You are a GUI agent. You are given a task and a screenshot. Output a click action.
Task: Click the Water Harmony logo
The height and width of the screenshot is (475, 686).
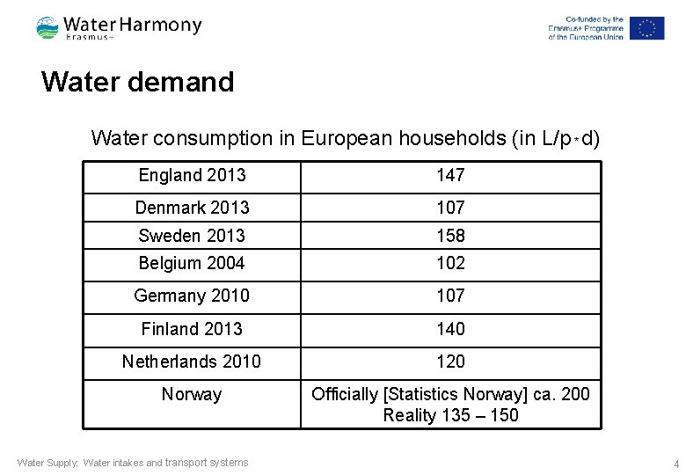click(x=119, y=27)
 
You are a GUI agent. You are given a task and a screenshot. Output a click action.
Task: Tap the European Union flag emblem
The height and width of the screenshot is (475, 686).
click(x=646, y=28)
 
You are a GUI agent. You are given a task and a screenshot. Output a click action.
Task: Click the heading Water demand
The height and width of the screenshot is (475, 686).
click(x=137, y=82)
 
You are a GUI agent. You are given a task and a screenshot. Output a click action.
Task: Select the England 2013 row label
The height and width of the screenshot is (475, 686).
click(x=192, y=175)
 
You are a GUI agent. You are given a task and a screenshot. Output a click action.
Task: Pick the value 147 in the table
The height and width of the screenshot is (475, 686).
click(x=450, y=175)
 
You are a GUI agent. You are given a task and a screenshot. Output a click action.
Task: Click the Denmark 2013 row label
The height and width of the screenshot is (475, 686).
click(x=192, y=208)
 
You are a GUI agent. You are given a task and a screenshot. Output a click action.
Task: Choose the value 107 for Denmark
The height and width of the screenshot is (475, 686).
click(x=450, y=208)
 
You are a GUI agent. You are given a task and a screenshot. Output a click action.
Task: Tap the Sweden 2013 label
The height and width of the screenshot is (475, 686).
click(x=192, y=236)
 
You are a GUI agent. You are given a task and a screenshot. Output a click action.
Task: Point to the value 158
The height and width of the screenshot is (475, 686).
click(x=450, y=236)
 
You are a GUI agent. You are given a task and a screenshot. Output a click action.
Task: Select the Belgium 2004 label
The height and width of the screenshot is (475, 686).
click(x=192, y=263)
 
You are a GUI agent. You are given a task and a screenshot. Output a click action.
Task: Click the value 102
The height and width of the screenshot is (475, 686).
click(x=450, y=263)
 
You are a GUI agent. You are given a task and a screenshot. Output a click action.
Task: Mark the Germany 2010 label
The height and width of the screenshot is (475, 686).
click(x=192, y=296)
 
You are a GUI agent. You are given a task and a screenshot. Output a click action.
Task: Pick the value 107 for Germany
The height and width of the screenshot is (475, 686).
click(x=450, y=296)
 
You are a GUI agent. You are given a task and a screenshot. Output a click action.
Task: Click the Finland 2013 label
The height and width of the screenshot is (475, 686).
click(x=192, y=329)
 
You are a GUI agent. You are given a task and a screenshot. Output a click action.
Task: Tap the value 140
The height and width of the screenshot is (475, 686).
click(x=450, y=329)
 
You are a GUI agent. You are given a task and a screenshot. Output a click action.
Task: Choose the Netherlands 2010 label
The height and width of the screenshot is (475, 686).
click(x=192, y=362)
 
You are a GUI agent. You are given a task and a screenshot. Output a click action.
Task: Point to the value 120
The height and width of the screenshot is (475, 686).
click(x=450, y=362)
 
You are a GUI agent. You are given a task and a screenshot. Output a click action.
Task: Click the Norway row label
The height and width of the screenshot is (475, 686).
click(x=192, y=394)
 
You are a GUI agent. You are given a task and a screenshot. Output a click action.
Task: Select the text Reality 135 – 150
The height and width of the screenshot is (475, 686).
click(x=450, y=415)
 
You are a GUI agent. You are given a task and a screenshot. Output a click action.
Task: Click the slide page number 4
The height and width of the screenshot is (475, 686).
click(x=675, y=464)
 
